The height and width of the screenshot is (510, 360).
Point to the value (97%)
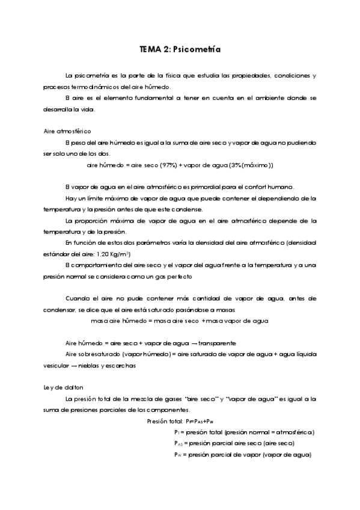[169, 165]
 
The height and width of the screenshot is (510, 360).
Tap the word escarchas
[120, 366]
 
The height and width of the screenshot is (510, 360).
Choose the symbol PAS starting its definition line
[178, 444]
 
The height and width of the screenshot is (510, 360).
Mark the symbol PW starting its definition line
[178, 455]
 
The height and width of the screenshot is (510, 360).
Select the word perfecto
[194, 276]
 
